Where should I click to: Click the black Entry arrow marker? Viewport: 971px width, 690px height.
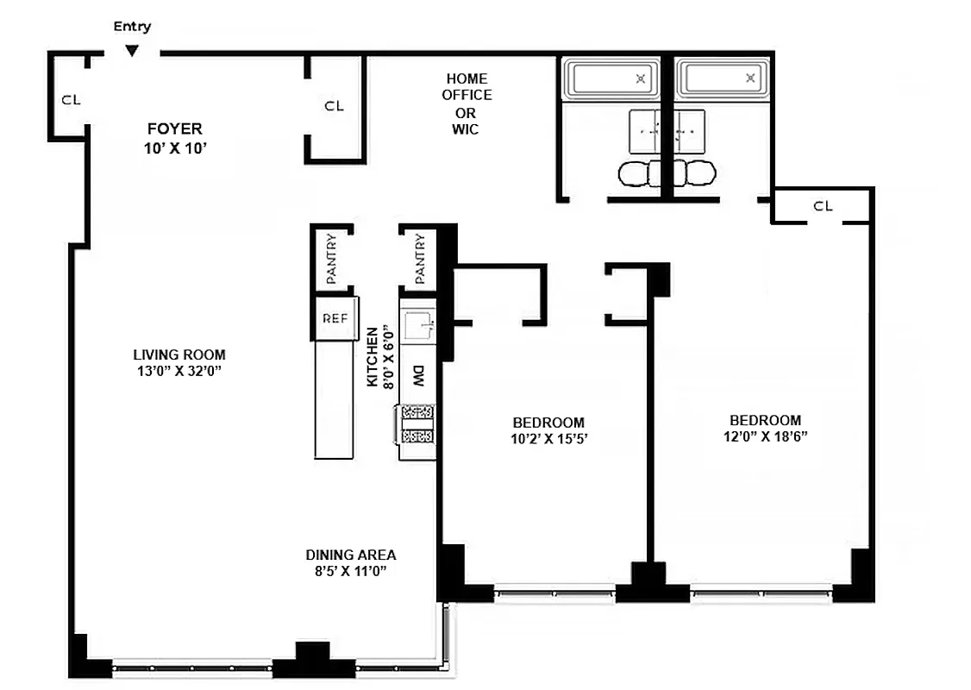click(131, 51)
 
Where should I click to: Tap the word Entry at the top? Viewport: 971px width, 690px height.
click(132, 27)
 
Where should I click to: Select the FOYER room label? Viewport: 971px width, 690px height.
click(174, 129)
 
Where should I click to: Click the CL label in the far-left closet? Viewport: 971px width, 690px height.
click(71, 99)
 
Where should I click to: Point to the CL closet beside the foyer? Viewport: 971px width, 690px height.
click(334, 106)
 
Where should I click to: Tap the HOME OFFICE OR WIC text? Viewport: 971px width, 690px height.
click(467, 103)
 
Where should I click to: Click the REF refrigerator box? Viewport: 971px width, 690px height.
click(335, 317)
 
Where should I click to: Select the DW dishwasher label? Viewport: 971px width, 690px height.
click(418, 376)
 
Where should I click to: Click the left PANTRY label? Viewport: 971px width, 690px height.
click(332, 259)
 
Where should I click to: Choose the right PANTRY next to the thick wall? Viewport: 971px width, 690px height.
click(420, 259)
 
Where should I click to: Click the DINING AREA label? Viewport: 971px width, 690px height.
click(351, 555)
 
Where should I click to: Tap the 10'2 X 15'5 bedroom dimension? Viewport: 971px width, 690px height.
click(548, 438)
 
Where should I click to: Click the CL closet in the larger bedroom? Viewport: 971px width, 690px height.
click(823, 206)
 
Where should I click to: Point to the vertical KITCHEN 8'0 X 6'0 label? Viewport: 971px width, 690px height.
click(379, 356)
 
